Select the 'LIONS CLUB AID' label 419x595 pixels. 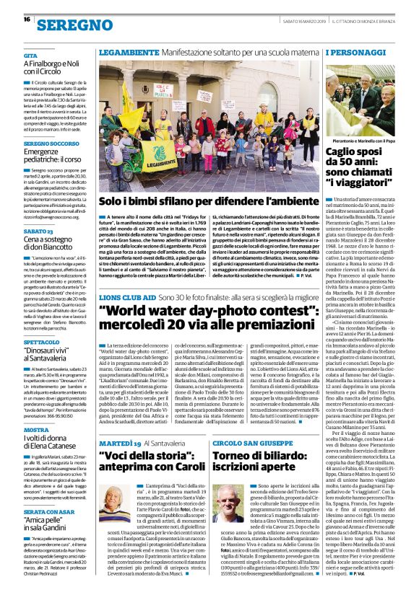[x=126, y=296]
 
